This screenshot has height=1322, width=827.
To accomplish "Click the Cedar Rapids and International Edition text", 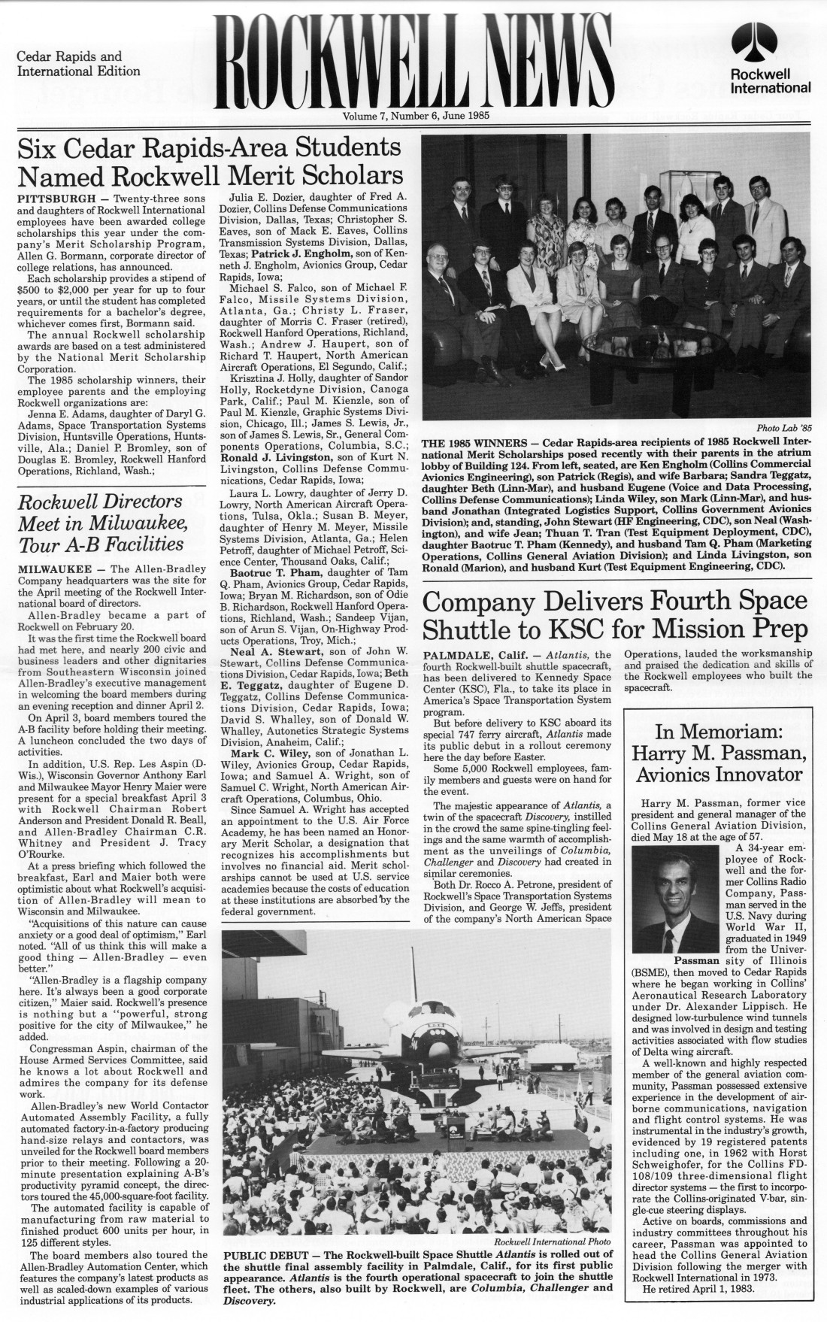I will click(x=78, y=64).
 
